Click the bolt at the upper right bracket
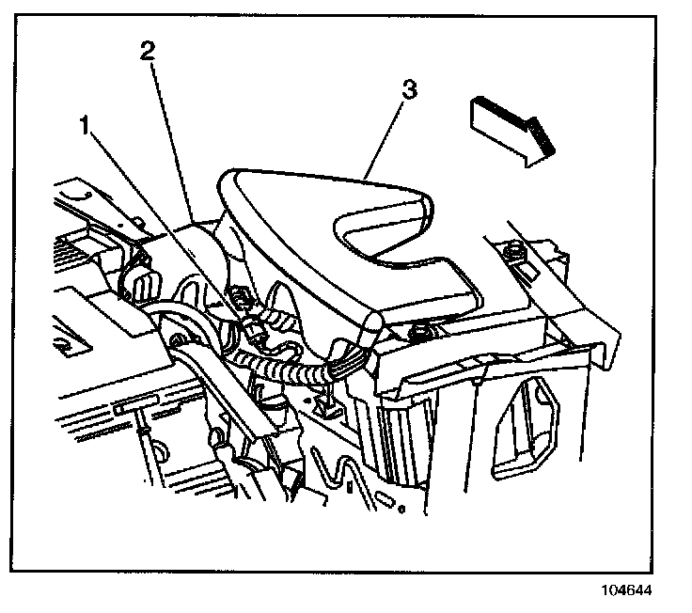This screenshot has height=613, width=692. [x=515, y=251]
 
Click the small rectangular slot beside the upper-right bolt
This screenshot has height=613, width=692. [x=529, y=273]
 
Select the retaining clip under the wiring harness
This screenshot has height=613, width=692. [x=326, y=404]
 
